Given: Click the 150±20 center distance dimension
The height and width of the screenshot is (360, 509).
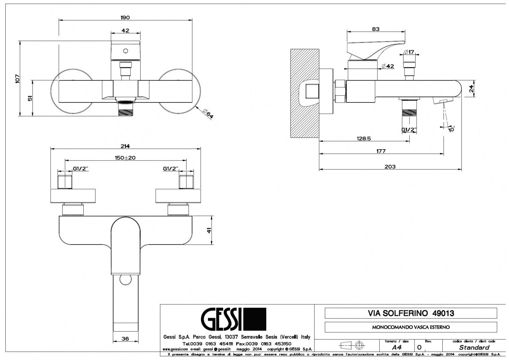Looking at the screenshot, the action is (126, 158).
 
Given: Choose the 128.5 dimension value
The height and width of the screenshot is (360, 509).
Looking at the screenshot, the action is (363, 138).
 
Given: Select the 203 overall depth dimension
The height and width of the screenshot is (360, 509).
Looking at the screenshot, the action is (390, 167).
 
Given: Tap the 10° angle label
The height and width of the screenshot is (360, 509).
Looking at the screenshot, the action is (452, 129).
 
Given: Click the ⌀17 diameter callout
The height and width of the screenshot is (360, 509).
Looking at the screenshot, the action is (409, 52).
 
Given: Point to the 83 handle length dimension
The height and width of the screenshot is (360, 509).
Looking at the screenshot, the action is (375, 29).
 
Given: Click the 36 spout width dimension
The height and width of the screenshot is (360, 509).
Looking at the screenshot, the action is (125, 339).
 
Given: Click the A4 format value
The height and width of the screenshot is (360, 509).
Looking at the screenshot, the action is (396, 347).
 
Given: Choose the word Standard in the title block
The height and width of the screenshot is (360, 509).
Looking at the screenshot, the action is (474, 347).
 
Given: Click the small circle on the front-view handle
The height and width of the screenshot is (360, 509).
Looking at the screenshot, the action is (126, 51).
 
